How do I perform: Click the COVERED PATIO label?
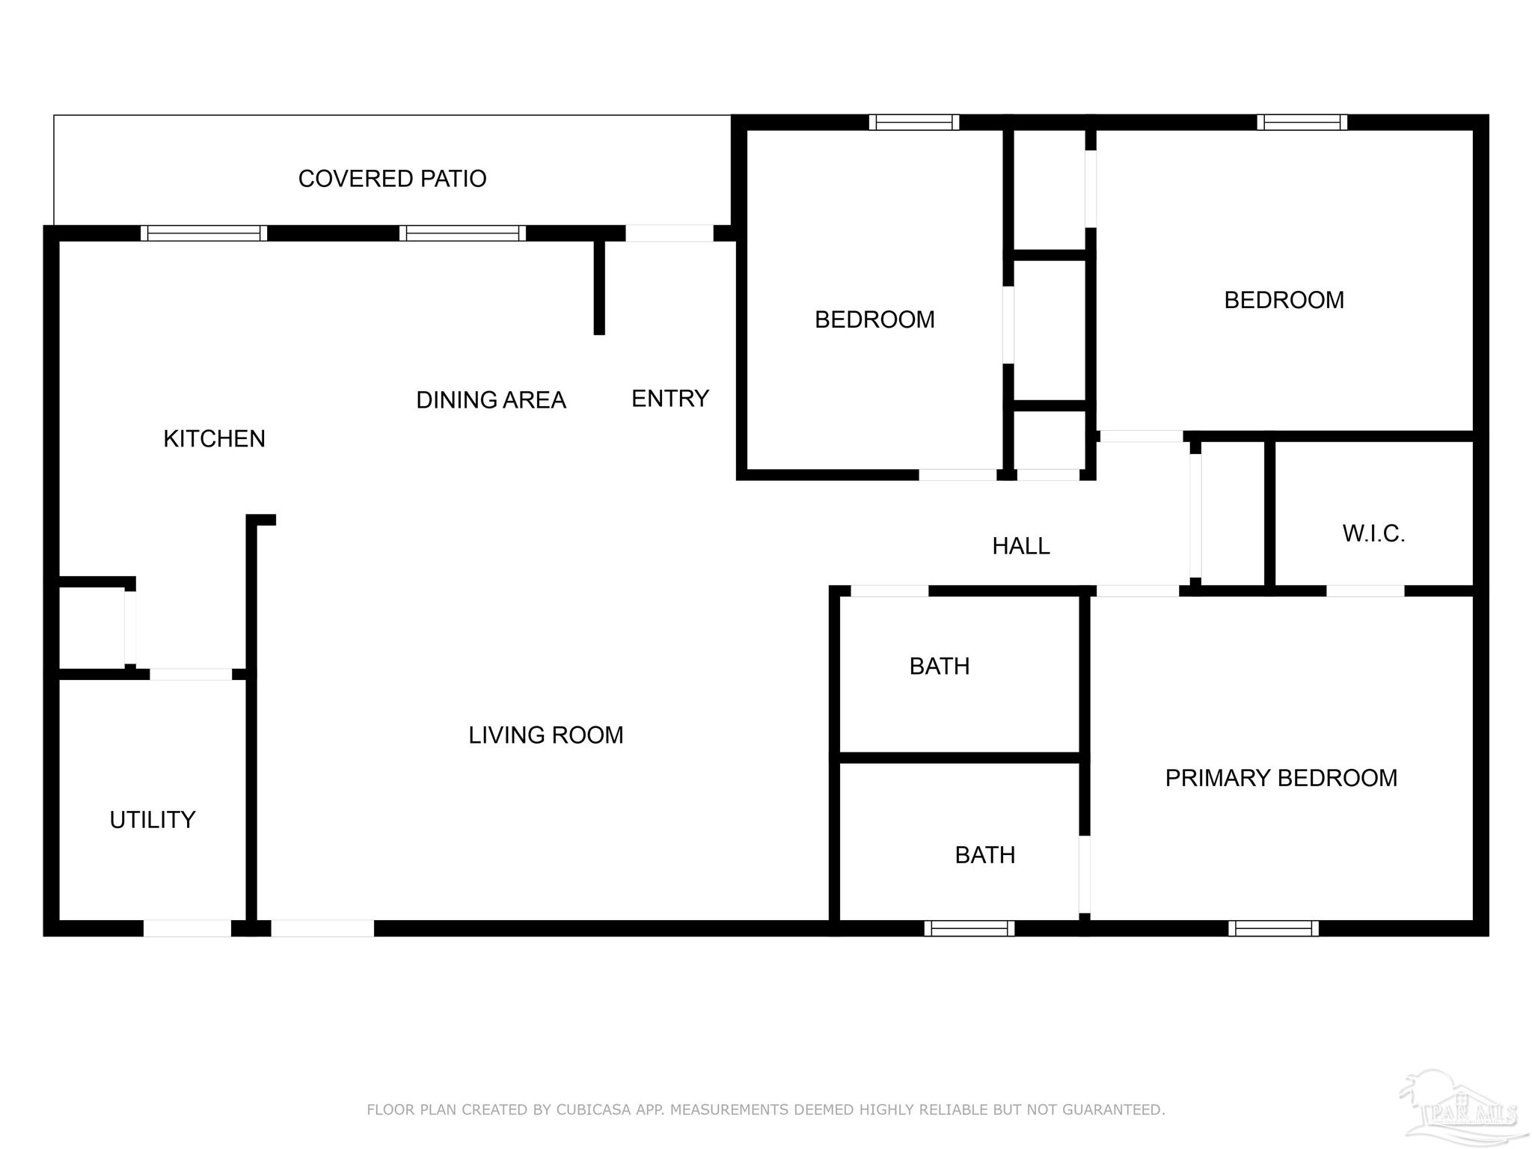click(392, 179)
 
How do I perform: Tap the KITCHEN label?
click(214, 438)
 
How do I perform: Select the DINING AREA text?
click(491, 400)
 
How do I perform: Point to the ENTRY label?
click(670, 399)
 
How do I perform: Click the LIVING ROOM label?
click(546, 735)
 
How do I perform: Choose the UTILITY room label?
click(153, 820)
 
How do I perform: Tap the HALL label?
click(1021, 546)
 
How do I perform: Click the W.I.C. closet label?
click(1373, 533)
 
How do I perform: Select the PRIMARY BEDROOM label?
click(1281, 778)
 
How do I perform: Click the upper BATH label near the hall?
click(940, 666)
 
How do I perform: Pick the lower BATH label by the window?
click(985, 855)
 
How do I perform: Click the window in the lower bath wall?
click(969, 928)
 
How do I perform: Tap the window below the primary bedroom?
click(1273, 928)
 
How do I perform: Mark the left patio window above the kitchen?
click(204, 233)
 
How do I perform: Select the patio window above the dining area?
click(462, 233)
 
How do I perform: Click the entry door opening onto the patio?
click(670, 233)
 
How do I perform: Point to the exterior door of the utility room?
click(187, 928)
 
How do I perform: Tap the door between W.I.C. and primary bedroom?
click(1365, 591)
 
